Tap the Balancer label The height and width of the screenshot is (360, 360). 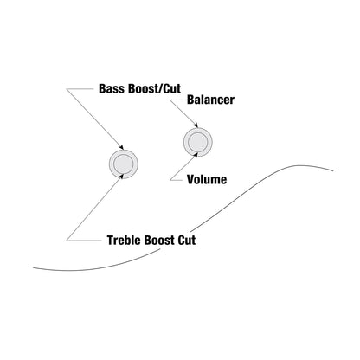[210, 100]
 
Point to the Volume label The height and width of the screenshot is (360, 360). [207, 179]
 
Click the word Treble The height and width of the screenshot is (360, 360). [124, 240]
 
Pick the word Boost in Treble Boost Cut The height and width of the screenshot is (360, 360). [159, 240]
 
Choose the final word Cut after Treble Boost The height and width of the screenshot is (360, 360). [187, 240]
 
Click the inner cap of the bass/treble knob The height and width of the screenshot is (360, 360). [124, 164]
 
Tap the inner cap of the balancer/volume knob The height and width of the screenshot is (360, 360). [198, 142]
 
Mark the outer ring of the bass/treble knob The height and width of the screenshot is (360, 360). [111, 164]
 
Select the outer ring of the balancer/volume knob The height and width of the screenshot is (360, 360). [185, 142]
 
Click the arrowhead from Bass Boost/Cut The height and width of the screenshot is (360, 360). [121, 147]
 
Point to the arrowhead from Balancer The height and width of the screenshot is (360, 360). [196, 125]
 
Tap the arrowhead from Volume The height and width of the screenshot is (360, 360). [196, 155]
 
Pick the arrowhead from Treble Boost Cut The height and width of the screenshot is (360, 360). [122, 177]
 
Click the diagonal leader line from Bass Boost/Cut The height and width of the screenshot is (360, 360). [95, 119]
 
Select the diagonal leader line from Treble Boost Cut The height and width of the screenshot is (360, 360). [94, 208]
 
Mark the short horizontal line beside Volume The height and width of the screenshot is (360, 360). [177, 180]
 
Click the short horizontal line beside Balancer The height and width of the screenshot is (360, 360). [177, 100]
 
